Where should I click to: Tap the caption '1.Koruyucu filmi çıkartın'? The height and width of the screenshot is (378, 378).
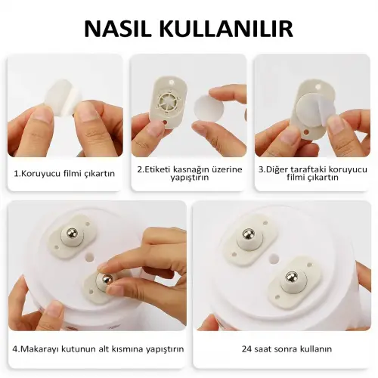coord(64,173)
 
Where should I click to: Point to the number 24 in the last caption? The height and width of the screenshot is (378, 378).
coord(246,349)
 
